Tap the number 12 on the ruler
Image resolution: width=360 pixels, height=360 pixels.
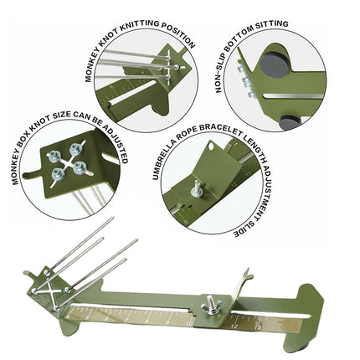click(x=235, y=326)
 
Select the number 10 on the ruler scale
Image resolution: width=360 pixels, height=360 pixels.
click(x=189, y=324)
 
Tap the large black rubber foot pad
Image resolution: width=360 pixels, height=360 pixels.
click(x=275, y=64)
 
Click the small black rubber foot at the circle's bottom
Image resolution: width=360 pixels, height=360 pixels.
click(x=290, y=122)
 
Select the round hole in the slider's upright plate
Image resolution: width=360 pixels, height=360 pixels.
click(x=212, y=146)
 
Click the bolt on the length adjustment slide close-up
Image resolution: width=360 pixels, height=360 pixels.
click(x=196, y=189)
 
